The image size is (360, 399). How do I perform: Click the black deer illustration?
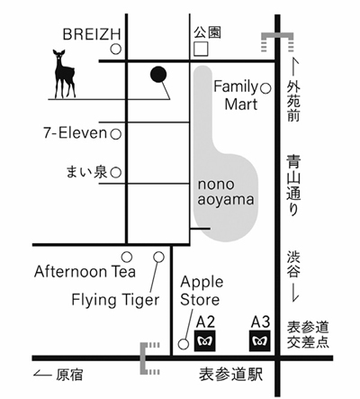point(64,74)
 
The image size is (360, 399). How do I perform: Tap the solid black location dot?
point(158,74)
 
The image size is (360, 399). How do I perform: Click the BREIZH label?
point(92,34)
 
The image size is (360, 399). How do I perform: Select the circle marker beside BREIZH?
point(115,49)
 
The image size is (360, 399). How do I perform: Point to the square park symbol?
point(201,49)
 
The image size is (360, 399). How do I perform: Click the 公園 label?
point(207,32)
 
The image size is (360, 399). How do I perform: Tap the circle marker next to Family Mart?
point(265,88)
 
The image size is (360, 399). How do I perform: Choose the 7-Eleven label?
point(76,132)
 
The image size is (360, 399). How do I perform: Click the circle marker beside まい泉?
point(115,173)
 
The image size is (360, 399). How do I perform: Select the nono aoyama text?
point(226,193)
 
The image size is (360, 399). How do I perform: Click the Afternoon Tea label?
point(85,271)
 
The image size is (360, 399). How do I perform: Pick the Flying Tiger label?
point(115,300)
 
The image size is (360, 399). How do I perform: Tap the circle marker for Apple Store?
point(184,344)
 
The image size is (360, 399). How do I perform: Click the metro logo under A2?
point(205,340)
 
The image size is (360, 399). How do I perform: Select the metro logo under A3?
point(260,340)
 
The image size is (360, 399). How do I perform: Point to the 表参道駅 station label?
point(230,375)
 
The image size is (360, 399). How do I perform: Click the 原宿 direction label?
point(69,375)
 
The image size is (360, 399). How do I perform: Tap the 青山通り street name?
point(293,186)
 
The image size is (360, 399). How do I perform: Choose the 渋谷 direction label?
point(293,265)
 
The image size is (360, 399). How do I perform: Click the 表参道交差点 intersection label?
point(308,335)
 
